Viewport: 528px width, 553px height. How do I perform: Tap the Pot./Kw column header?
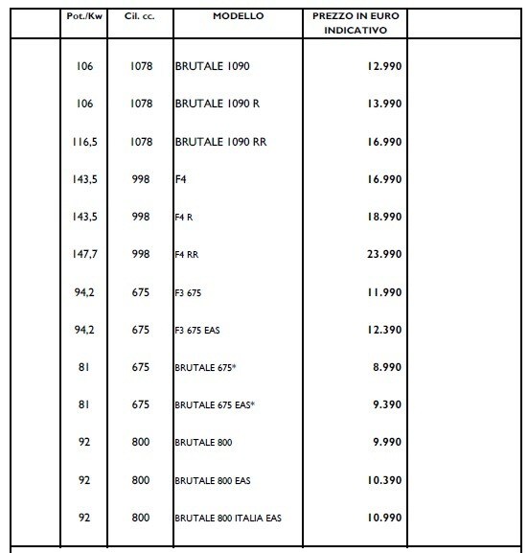(82, 18)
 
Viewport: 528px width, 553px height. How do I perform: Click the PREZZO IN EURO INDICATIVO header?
(356, 24)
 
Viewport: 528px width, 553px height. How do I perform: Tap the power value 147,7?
(83, 254)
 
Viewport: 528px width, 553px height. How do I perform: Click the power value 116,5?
(83, 141)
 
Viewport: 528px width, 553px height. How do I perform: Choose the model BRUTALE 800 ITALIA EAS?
(228, 518)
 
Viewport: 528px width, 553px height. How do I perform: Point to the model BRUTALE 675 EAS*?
(216, 405)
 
